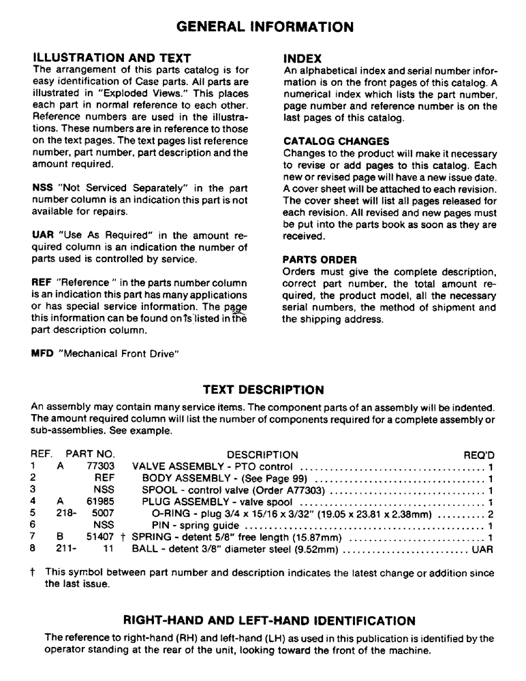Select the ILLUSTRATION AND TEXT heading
[x=112, y=59]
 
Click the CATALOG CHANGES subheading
[x=336, y=142]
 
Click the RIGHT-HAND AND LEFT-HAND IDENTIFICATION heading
[x=268, y=620]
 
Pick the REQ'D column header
[x=478, y=455]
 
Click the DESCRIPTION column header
[x=262, y=455]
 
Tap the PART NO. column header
[x=91, y=455]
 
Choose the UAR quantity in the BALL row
[x=482, y=549]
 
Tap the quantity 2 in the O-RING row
[x=490, y=514]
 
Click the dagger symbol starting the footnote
[x=35, y=574]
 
